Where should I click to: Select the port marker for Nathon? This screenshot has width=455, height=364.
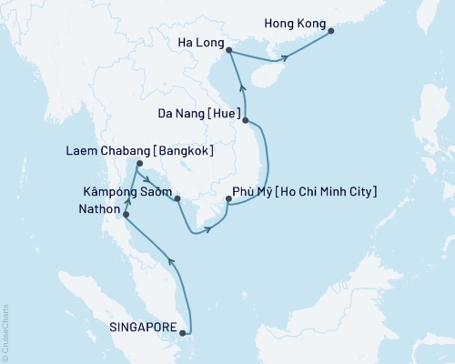126,216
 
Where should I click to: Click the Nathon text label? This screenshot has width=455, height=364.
94,217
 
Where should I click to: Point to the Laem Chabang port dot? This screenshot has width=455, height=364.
137,165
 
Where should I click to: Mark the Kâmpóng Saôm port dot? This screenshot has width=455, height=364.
177,197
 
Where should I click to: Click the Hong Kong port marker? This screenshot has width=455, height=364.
330,31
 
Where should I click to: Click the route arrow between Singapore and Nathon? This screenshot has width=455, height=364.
172,262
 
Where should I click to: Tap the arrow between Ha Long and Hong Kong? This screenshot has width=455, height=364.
285,57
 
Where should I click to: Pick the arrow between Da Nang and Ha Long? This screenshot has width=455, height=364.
242,88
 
